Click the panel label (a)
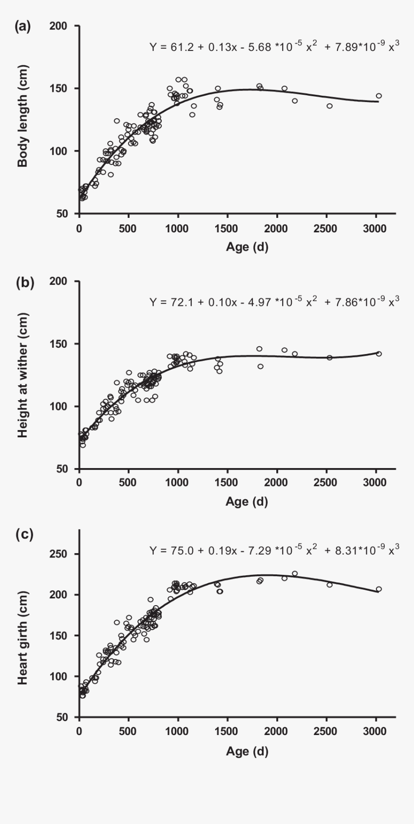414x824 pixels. coord(23,27)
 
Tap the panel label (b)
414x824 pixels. coord(23,282)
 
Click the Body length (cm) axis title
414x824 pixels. coord(23,120)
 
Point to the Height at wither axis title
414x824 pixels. coord(23,375)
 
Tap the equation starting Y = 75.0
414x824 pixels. coord(274,550)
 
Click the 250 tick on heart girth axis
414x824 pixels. coord(60,554)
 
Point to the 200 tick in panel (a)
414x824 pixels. coord(60,26)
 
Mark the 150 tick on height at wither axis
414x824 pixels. coord(60,344)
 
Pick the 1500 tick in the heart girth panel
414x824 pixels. coord(227,732)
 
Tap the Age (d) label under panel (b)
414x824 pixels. coord(247,501)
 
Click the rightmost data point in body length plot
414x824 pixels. coord(379,96)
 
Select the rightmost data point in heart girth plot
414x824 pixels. coord(379,589)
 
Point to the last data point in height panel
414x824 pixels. coord(379,354)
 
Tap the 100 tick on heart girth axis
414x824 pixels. coord(60,676)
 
